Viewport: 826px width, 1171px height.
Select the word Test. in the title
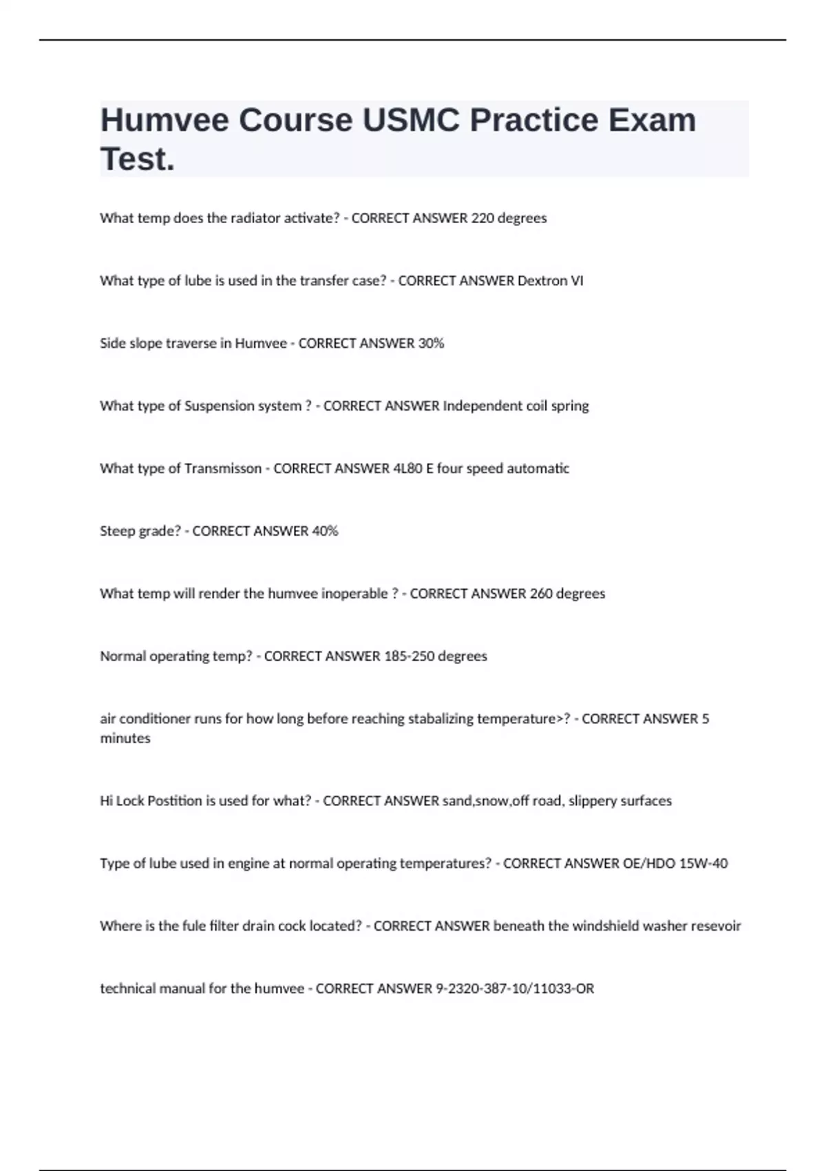tap(138, 159)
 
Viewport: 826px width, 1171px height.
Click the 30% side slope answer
tap(431, 344)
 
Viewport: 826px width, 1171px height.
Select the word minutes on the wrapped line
tap(125, 738)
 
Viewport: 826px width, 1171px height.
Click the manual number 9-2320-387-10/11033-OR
tap(515, 989)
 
